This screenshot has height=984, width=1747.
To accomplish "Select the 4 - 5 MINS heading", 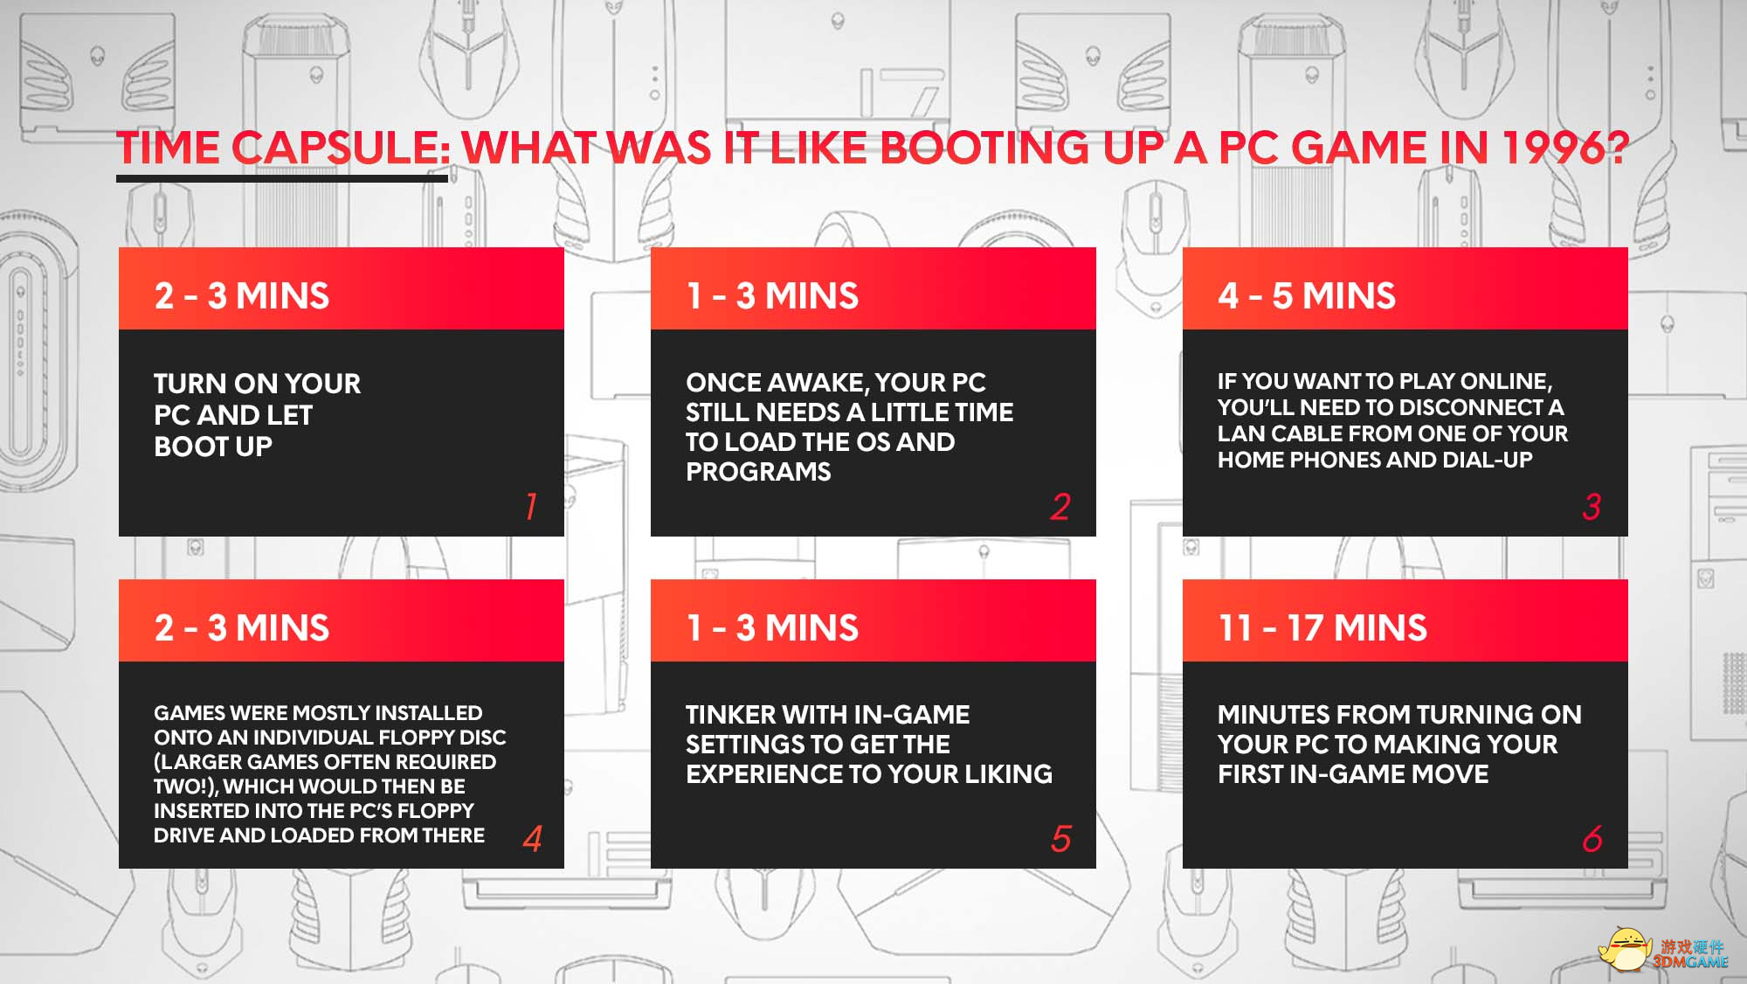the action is click(1307, 296).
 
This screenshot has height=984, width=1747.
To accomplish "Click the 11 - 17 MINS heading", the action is click(1322, 628).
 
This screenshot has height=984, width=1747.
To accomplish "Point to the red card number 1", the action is click(531, 507).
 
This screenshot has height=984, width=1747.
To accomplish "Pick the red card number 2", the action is click(1060, 507).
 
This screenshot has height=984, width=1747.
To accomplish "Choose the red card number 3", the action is click(1592, 507).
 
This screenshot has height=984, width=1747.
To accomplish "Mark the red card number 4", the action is click(533, 839).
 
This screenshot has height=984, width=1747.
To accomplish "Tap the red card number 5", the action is click(1061, 839).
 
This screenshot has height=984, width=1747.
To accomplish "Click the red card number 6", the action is click(1592, 839).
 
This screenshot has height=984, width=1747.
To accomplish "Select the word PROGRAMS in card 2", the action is click(758, 472).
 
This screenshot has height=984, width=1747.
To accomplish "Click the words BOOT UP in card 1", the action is click(213, 447).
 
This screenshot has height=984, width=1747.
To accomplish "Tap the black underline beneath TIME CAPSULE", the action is click(282, 179).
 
